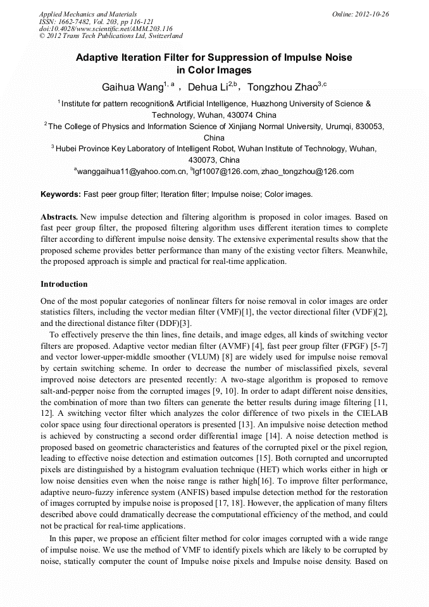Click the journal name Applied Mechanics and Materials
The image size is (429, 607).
coord(87,14)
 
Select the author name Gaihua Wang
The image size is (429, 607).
coord(131,87)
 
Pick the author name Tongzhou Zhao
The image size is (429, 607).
coord(282,87)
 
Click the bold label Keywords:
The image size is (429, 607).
coord(61,194)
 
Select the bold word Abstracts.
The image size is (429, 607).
coord(60,217)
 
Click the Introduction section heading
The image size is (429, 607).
coord(64,284)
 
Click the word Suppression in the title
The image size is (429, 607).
coord(234,58)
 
